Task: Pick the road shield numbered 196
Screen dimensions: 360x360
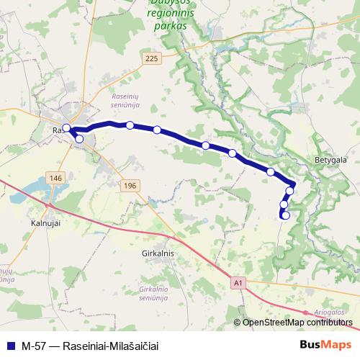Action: click(x=130, y=186)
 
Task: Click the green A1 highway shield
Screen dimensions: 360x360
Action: click(x=238, y=284)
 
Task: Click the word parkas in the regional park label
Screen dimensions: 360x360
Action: click(x=169, y=26)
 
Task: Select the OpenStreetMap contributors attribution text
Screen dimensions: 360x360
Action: click(x=297, y=323)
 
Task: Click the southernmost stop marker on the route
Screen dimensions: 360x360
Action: click(x=286, y=215)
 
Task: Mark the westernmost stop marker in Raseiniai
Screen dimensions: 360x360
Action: click(x=66, y=128)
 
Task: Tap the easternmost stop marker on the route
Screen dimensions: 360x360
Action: click(x=291, y=191)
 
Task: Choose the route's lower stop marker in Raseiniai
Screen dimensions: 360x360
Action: click(x=79, y=139)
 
